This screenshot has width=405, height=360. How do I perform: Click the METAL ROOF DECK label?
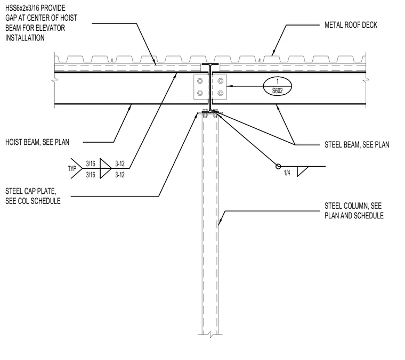[x=351, y=25]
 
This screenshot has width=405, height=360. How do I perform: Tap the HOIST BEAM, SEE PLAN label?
[x=37, y=142]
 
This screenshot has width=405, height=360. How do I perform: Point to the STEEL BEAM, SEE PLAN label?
[x=357, y=145]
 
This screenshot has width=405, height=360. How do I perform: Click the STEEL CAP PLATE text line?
[x=31, y=191]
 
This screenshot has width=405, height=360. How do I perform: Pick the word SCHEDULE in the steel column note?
[x=369, y=216]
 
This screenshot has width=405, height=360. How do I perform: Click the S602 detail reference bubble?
[x=278, y=86]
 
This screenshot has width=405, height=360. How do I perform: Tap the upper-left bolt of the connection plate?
[x=200, y=81]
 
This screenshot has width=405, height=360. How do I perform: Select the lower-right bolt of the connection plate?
[x=220, y=93]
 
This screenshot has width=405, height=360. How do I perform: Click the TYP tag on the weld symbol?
[x=72, y=168]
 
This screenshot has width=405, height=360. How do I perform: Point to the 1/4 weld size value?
[x=287, y=173]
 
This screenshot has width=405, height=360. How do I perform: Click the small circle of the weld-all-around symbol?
[x=278, y=167]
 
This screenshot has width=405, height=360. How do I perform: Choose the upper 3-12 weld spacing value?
[x=120, y=163]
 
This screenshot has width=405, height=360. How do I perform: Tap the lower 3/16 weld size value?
[x=91, y=175]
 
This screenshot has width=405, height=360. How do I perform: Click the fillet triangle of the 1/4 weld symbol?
[x=302, y=171]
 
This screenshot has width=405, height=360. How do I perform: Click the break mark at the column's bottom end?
[x=210, y=335]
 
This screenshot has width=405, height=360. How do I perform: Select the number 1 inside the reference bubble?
[x=278, y=81]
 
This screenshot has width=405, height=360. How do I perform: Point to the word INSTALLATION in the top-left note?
[x=25, y=38]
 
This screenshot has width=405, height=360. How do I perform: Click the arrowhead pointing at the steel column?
[x=220, y=223]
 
